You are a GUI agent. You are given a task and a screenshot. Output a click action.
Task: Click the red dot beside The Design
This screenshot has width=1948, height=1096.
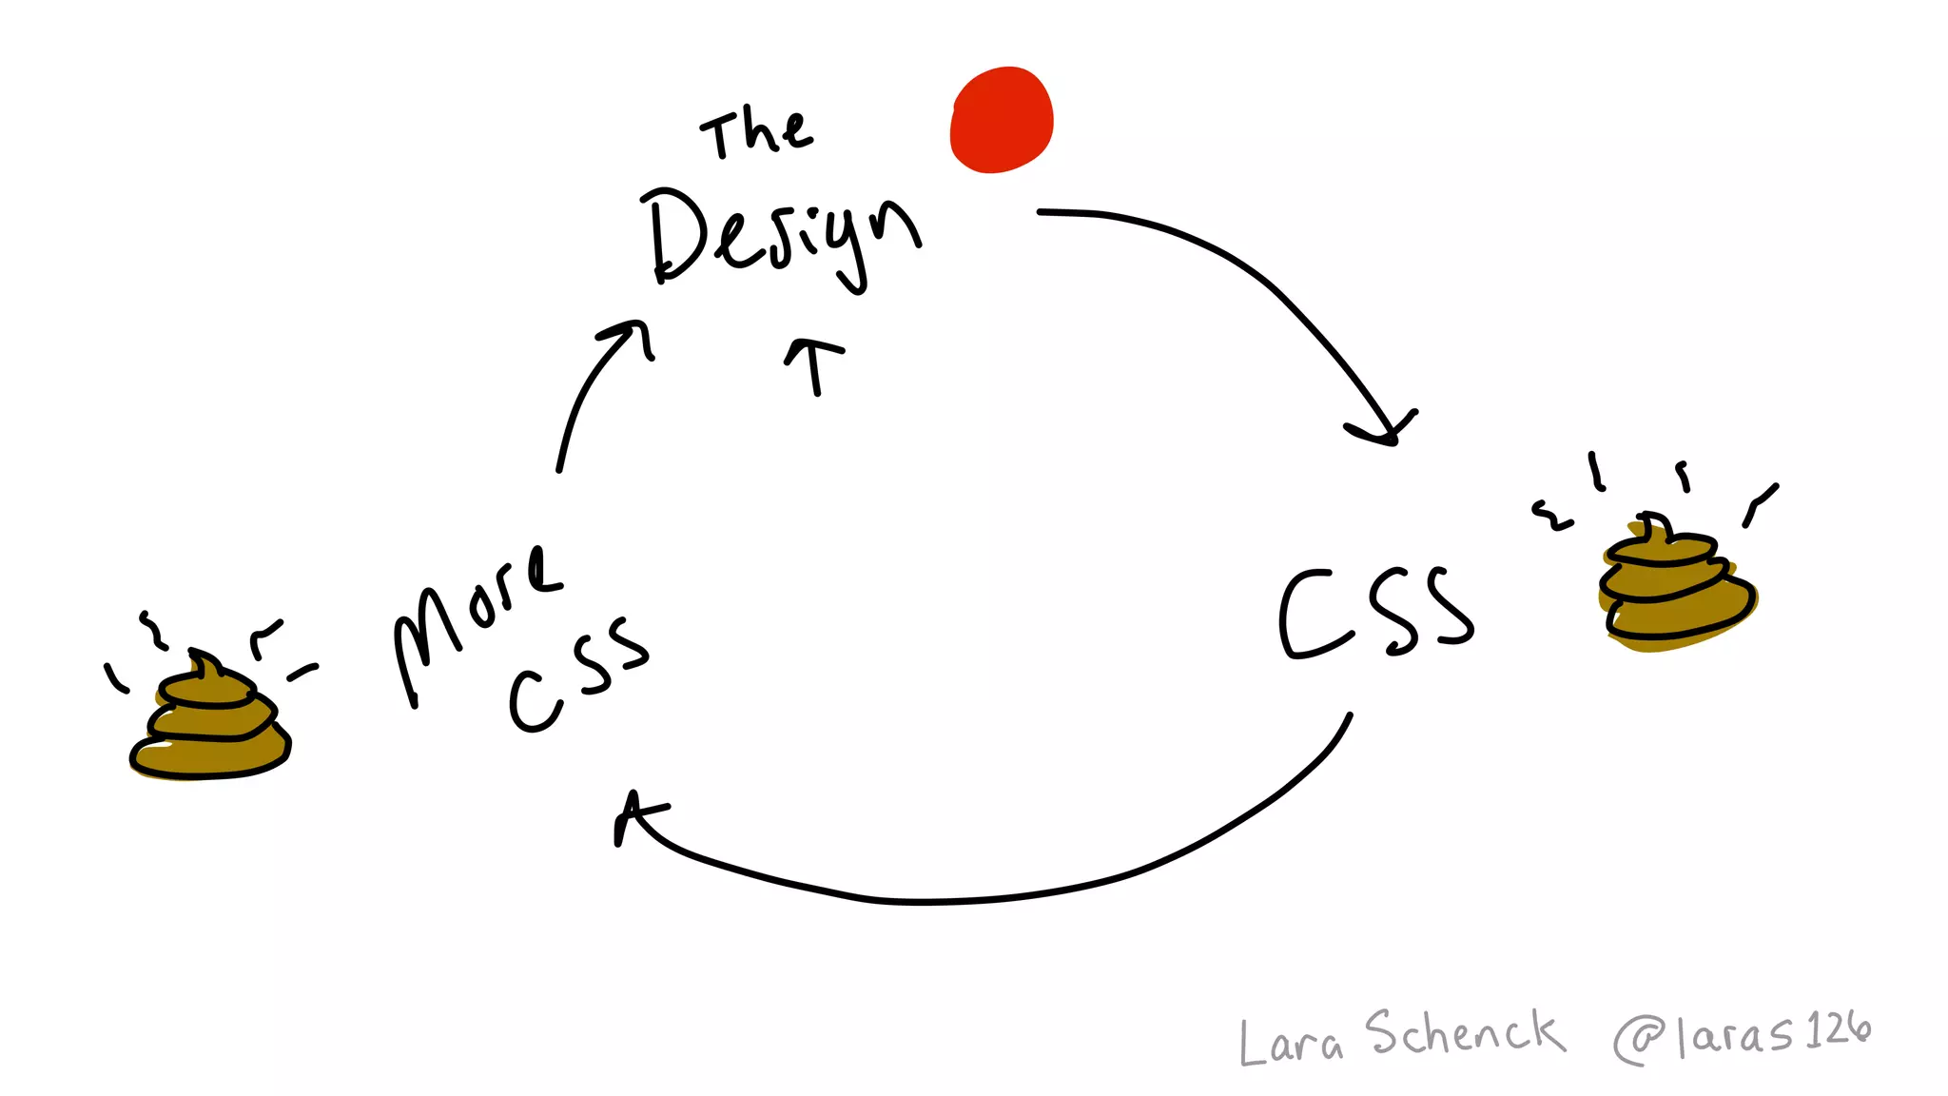tap(1002, 120)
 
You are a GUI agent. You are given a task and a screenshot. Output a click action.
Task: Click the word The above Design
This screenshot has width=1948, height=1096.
tap(757, 134)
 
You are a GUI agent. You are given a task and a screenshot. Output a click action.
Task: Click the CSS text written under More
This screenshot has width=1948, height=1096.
tap(578, 674)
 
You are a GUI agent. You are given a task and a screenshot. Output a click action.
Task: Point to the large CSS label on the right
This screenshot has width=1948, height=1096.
tap(1375, 614)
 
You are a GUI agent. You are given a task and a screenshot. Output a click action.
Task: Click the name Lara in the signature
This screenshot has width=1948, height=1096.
tap(1291, 1042)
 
